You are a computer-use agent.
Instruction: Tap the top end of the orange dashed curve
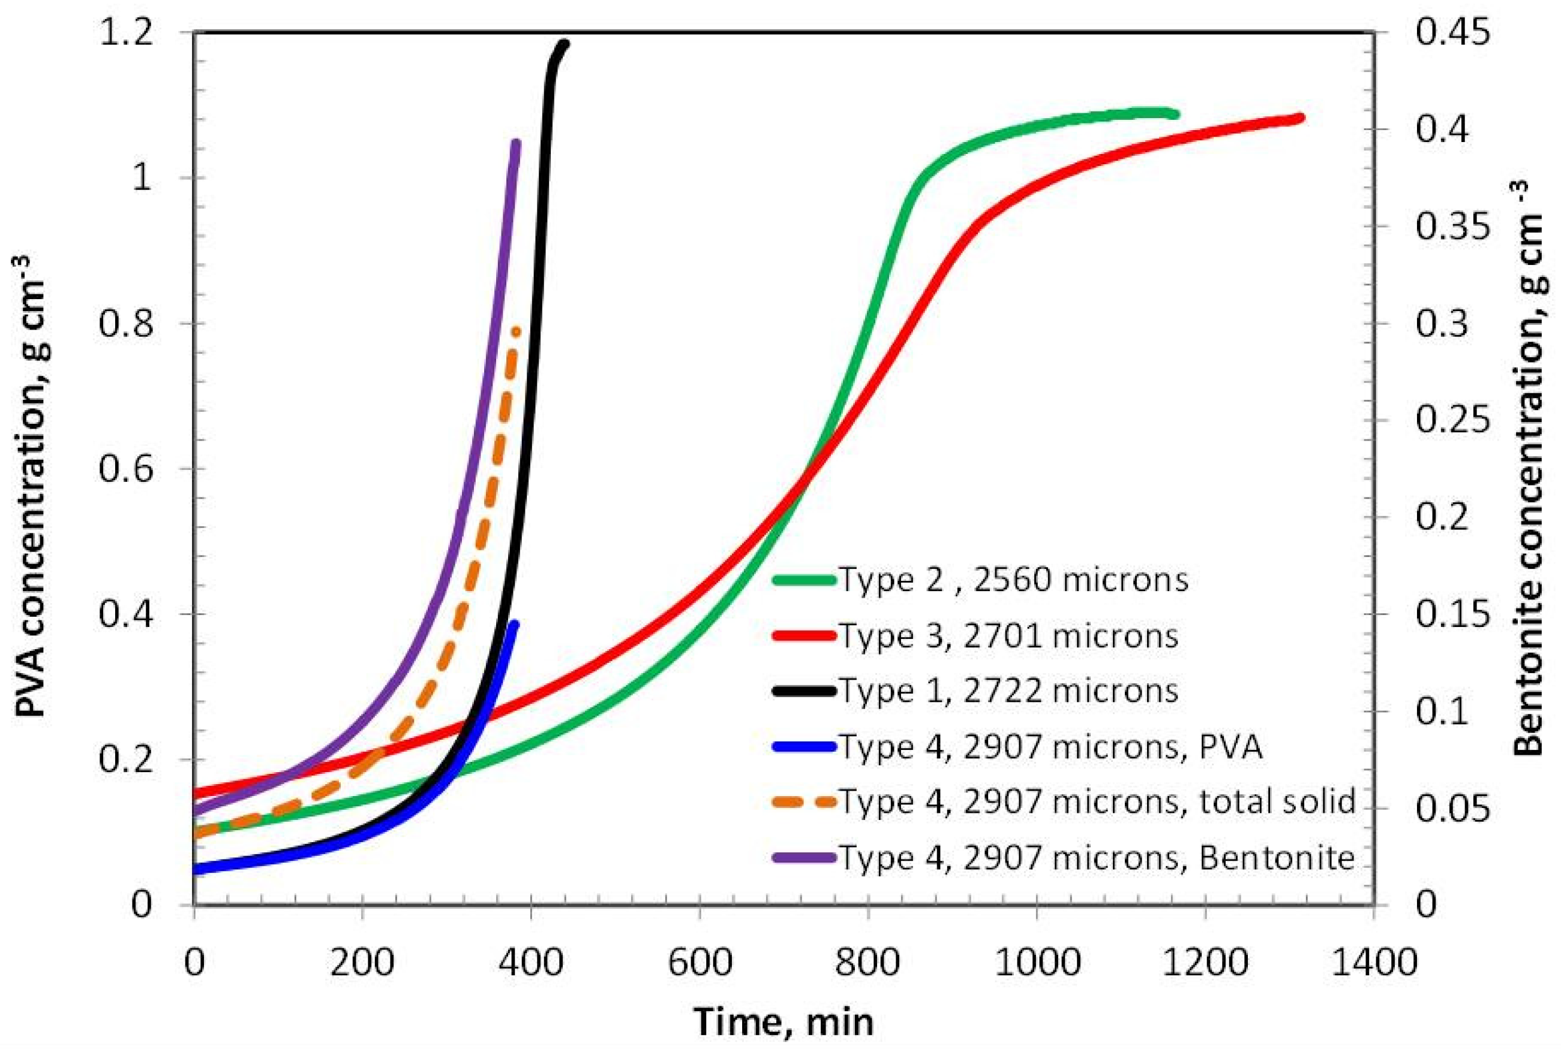[x=516, y=331]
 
